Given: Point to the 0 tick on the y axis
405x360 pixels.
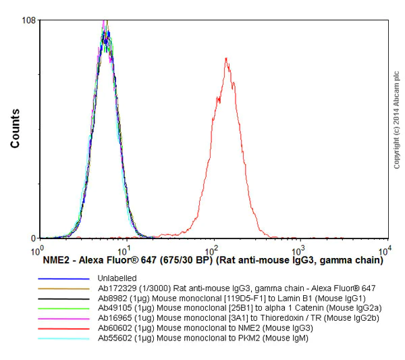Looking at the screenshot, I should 32,238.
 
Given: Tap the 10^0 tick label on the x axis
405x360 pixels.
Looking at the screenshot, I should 38,249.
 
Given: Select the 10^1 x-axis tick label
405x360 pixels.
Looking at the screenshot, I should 126,249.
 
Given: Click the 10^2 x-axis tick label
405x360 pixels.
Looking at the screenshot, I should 213,249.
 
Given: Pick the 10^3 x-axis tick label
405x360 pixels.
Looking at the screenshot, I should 300,249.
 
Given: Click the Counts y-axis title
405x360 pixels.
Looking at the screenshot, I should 15,130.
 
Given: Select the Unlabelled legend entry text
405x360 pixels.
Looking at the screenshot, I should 117,278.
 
